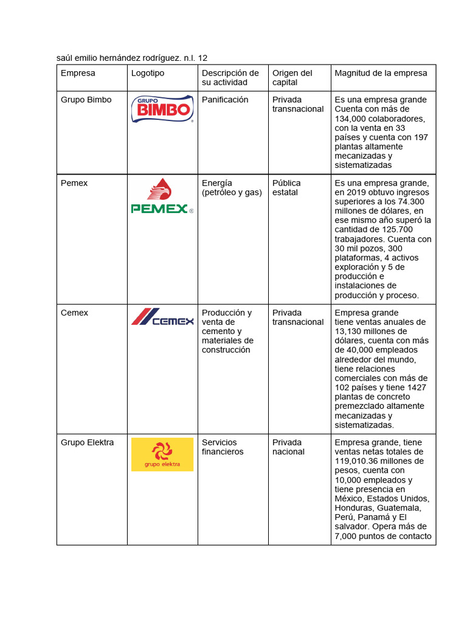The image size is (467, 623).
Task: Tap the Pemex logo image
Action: coord(162,197)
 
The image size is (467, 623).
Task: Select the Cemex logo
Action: coord(162,318)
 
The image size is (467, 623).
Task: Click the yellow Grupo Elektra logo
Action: coord(162,454)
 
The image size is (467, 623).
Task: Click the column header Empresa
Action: coord(78,73)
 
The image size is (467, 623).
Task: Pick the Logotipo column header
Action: coord(148,73)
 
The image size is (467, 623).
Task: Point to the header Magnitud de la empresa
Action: coord(381,73)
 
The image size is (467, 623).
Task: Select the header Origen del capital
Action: coord(292,77)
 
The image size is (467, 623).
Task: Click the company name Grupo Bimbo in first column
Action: coord(86,100)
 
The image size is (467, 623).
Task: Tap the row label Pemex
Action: coord(74,183)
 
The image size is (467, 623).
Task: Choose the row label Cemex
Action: coord(74,313)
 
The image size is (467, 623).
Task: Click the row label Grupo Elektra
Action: coord(87,442)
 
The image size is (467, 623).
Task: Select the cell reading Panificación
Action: coord(225,100)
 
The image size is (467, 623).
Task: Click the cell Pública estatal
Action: coord(286,187)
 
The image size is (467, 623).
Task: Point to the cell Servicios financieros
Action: coord(223,447)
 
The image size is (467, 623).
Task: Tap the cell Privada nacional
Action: coord(288,447)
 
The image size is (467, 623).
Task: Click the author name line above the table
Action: coord(132,58)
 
